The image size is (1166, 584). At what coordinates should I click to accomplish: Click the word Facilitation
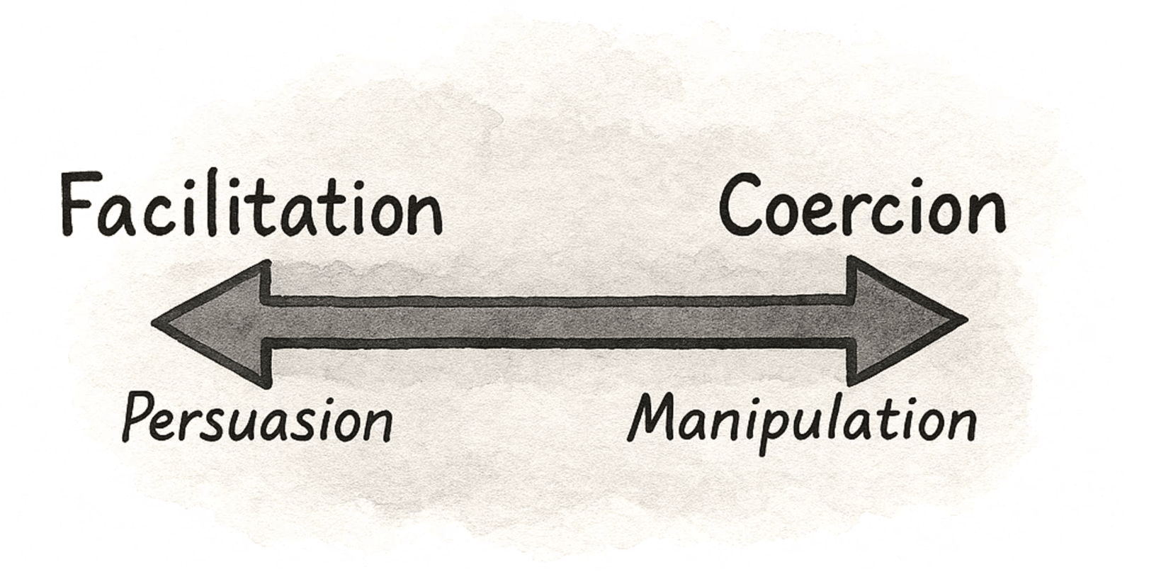click(x=251, y=206)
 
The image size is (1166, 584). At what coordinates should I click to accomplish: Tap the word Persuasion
click(x=257, y=420)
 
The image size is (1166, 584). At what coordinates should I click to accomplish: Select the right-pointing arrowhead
click(x=900, y=321)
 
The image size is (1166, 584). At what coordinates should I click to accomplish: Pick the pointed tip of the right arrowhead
click(x=965, y=320)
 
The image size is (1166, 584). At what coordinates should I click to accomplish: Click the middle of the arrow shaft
click(x=560, y=322)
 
